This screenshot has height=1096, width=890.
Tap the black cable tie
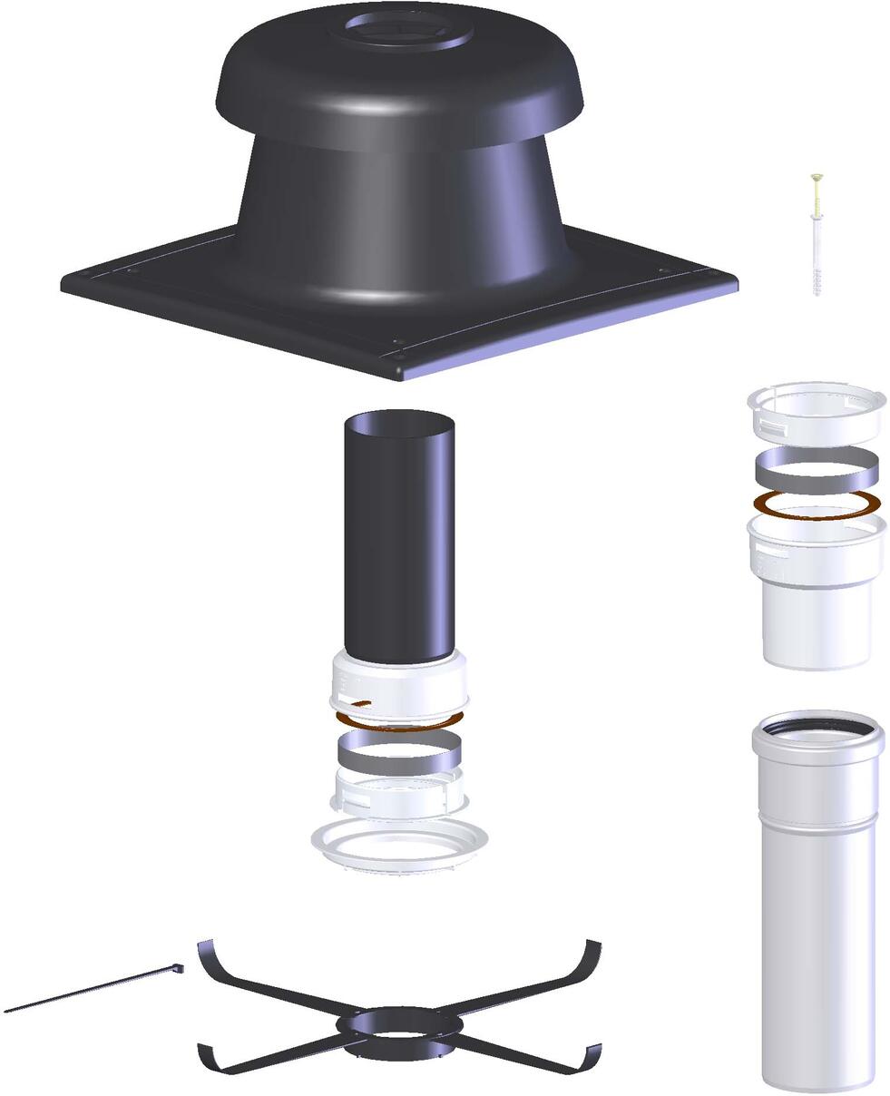[91, 990]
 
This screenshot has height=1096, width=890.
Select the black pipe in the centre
[398, 535]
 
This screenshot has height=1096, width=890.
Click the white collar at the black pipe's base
[399, 685]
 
